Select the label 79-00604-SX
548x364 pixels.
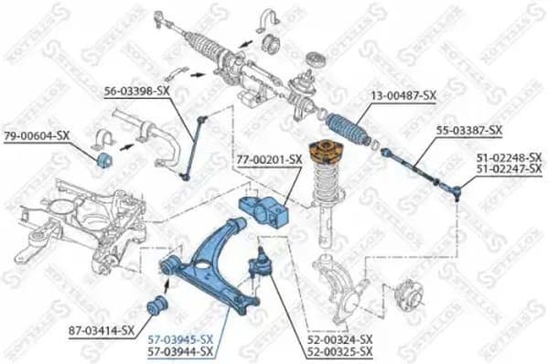point(37,135)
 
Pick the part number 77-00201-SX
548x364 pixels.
point(270,159)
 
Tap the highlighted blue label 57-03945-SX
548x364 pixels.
point(181,338)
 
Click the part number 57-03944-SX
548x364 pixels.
point(181,350)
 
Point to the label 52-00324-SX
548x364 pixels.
point(341,338)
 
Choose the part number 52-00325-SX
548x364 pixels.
point(341,350)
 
